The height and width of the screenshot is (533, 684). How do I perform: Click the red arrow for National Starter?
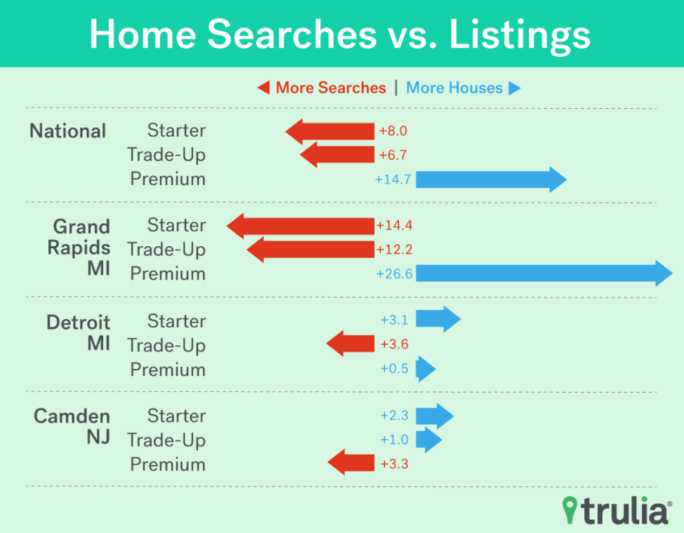click(x=330, y=131)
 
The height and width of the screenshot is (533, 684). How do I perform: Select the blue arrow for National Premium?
click(x=491, y=180)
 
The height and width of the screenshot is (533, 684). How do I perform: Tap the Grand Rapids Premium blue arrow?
click(x=544, y=274)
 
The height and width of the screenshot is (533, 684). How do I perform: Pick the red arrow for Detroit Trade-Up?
click(x=350, y=344)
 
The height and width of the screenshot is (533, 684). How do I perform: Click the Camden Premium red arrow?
click(x=351, y=462)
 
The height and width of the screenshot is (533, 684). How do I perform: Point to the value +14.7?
click(x=393, y=180)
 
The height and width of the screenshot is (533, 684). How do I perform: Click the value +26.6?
click(x=394, y=274)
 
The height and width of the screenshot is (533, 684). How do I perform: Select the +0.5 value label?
click(x=395, y=368)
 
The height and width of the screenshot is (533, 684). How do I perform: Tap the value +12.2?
click(x=394, y=249)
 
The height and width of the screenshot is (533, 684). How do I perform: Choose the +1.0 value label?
click(x=395, y=440)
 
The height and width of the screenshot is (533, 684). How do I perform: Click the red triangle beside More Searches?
click(x=263, y=87)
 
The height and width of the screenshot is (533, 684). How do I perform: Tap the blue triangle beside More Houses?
click(x=514, y=88)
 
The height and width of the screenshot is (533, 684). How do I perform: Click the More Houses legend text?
click(x=454, y=88)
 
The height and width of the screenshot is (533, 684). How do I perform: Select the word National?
click(x=67, y=131)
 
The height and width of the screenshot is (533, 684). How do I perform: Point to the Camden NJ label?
click(x=72, y=427)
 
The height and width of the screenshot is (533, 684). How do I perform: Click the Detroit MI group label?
click(x=78, y=333)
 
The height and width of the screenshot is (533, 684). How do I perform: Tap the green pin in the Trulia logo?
click(x=569, y=510)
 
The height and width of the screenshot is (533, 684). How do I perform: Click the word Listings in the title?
click(x=519, y=35)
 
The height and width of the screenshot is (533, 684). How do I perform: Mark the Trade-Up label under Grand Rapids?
click(x=166, y=250)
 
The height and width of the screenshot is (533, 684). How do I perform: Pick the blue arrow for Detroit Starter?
click(x=438, y=319)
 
